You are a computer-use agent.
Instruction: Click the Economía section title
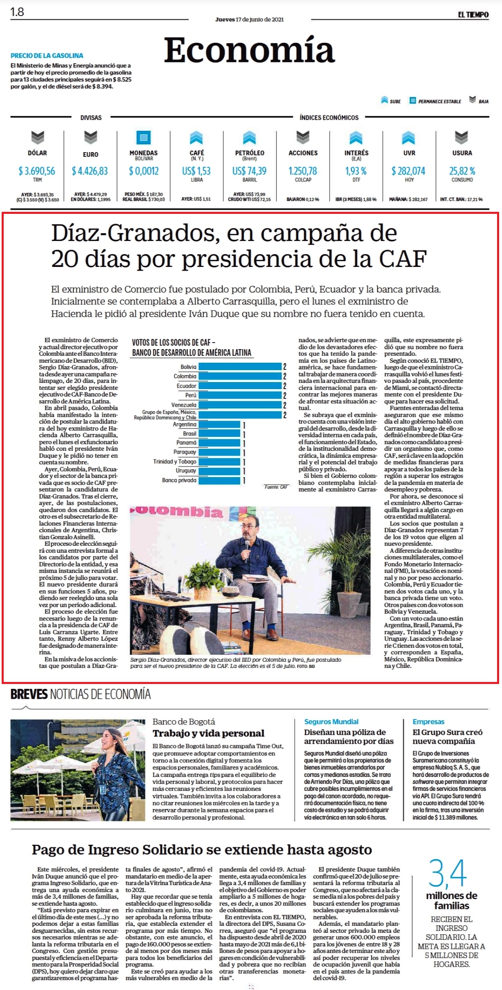tap(249, 50)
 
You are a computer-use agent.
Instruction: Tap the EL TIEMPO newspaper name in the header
tap(473, 15)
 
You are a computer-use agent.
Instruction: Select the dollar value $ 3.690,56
tap(37, 171)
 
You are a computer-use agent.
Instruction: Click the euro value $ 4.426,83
tap(90, 171)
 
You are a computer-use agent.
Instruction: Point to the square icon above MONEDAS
tap(144, 137)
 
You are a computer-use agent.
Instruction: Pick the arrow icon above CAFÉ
tap(196, 137)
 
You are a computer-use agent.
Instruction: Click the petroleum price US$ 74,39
tap(249, 171)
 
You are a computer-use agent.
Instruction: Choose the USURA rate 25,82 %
tap(462, 171)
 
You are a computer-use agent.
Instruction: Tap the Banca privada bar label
tap(179, 480)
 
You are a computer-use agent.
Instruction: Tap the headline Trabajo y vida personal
tap(209, 733)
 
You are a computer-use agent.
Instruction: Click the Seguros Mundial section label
tap(331, 721)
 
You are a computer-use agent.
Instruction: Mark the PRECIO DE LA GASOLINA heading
tap(47, 56)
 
